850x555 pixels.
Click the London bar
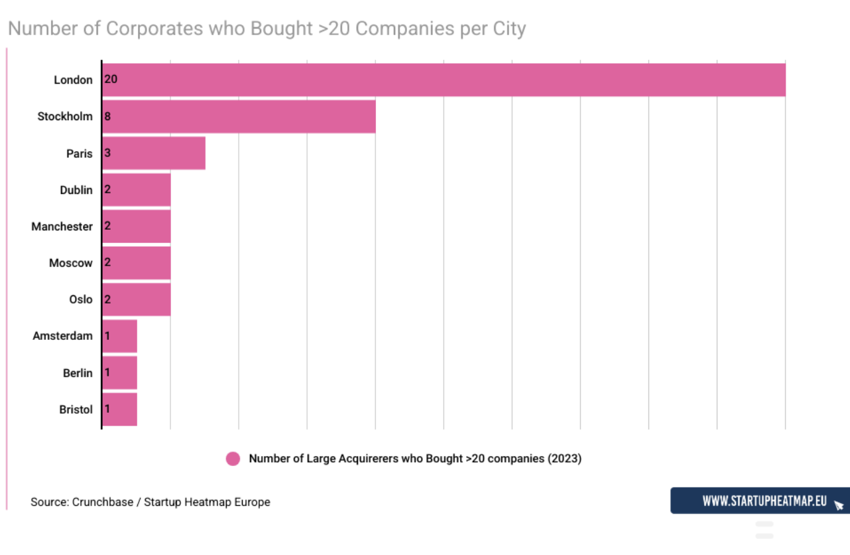click(444, 80)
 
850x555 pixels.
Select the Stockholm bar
click(239, 117)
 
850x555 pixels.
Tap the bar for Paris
click(154, 153)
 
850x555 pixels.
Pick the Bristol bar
click(119, 410)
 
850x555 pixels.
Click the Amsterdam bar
click(119, 336)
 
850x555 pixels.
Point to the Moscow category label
click(70, 263)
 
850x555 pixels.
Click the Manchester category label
click(62, 226)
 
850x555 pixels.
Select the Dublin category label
click(76, 190)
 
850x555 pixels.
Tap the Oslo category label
click(81, 299)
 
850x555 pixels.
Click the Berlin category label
click(78, 373)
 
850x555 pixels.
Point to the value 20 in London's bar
click(111, 79)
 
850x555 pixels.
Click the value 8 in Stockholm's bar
click(108, 116)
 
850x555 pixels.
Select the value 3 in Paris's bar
click(108, 153)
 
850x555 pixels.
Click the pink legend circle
click(233, 459)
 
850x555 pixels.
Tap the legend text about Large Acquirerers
click(415, 459)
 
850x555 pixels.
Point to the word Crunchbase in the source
click(103, 502)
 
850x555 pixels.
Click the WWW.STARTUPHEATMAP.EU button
click(760, 501)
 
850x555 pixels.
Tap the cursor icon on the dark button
click(839, 505)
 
